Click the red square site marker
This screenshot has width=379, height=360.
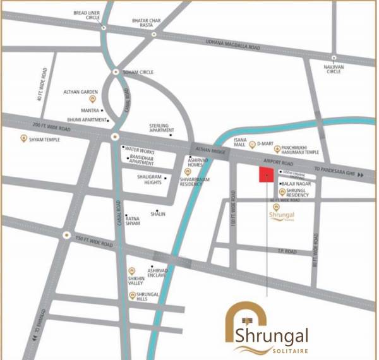click(x=266, y=175)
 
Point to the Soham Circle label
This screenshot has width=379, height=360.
click(x=137, y=72)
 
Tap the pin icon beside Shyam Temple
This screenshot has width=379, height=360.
click(x=24, y=139)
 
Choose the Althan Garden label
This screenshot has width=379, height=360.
click(x=79, y=92)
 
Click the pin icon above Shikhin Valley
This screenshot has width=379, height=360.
click(x=131, y=271)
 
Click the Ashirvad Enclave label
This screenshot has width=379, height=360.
click(x=157, y=273)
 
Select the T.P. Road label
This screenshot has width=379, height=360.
click(x=287, y=251)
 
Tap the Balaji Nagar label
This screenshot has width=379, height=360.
click(x=294, y=183)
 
